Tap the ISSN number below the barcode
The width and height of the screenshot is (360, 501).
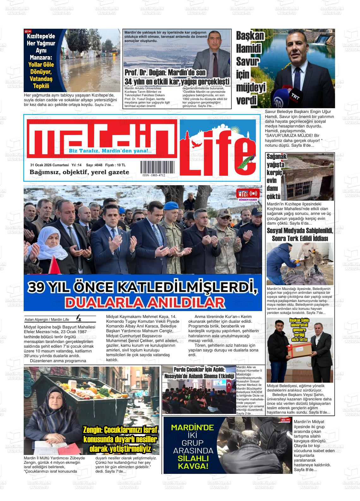tap(154, 175)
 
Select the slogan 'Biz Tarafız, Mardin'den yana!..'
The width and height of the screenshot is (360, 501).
tap(110, 151)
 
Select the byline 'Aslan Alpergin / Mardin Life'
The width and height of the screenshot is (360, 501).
tap(47, 320)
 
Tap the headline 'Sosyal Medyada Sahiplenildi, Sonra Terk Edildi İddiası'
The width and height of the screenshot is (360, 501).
tap(300, 234)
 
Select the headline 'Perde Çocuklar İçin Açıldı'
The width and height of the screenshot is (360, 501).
tap(199, 370)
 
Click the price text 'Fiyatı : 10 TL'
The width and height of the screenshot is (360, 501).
tap(115, 165)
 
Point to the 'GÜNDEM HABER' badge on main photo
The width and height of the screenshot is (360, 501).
tap(248, 195)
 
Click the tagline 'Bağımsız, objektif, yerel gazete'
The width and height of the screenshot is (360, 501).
tap(79, 172)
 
